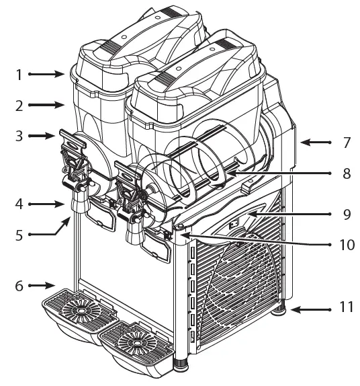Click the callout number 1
[x=19, y=75]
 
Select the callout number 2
[x=19, y=106]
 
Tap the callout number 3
[x=19, y=136]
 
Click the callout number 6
[x=19, y=286]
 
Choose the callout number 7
[x=347, y=143]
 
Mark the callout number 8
[x=347, y=173]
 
